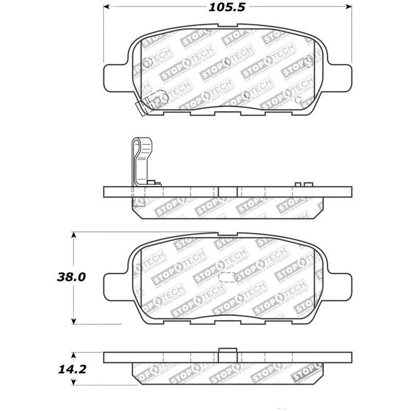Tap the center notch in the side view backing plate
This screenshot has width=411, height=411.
pyautogui.click(x=228, y=192)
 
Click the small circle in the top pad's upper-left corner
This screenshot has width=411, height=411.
pyautogui.click(x=146, y=63)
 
